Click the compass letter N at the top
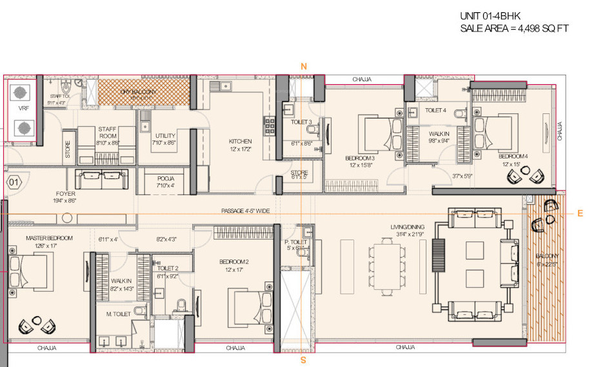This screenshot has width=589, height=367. coord(303,66)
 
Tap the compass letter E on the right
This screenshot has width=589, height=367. coord(580,213)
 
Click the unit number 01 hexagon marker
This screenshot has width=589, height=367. coord(14,182)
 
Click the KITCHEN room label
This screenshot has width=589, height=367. coord(240,142)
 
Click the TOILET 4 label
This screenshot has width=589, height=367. coord(435,110)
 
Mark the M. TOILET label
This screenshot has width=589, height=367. coord(119,314)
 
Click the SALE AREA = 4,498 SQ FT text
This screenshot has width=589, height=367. coord(514,28)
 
